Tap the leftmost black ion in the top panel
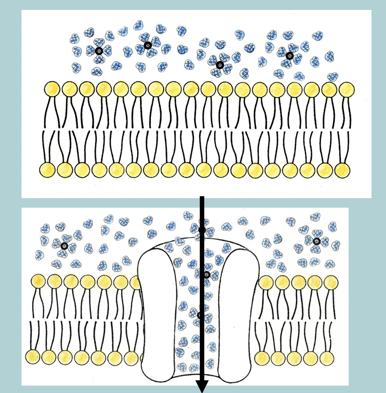click(99, 51)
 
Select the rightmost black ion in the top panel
click(289, 55)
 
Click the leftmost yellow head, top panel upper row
click(52, 89)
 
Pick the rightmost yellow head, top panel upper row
click(347, 89)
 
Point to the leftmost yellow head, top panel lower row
click(47, 169)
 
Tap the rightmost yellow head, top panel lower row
click(342, 169)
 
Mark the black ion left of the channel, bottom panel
click(64, 246)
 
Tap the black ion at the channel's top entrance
click(202, 230)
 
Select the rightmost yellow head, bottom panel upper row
click(331, 282)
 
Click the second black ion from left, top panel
click(147, 46)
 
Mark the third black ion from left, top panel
click(219, 64)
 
